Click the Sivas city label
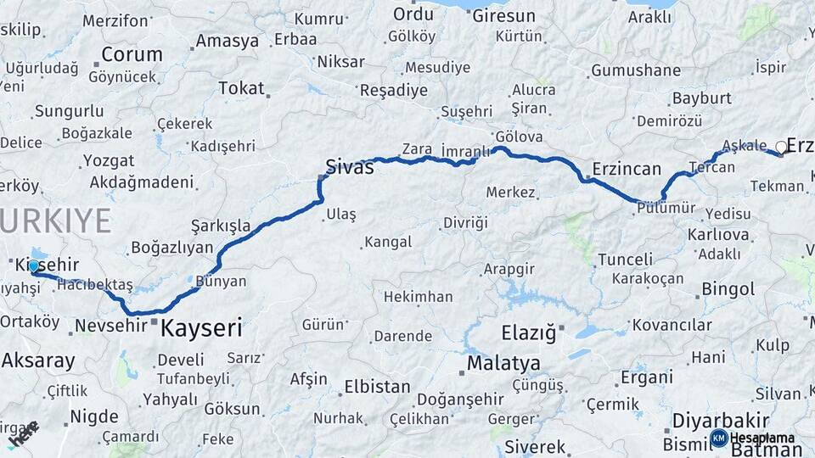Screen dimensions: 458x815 350,166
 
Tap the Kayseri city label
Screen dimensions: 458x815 201,328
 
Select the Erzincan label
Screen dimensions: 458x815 627,169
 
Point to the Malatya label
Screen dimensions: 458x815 503,364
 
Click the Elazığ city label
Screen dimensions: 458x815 528,333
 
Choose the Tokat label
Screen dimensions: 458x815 241,87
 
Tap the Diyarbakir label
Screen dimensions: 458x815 720,421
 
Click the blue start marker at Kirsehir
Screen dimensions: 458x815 34,266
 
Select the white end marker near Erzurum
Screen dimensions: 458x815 781,147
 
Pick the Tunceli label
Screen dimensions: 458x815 625,260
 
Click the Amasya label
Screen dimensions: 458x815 227,41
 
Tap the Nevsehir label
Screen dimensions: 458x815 111,326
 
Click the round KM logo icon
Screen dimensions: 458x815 718,438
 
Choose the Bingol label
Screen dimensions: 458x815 728,289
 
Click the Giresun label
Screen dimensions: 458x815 503,15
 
